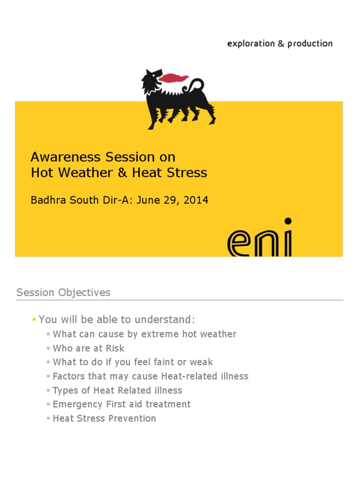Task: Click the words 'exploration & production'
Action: (279, 44)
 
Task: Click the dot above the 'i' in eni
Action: (288, 220)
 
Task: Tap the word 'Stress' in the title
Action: (189, 172)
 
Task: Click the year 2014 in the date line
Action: (196, 200)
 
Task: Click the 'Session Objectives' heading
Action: (63, 292)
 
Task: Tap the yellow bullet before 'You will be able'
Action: (34, 320)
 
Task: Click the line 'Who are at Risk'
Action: (89, 348)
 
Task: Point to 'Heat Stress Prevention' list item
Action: (104, 418)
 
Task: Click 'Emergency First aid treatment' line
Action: (121, 404)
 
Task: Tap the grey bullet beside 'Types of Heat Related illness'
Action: (48, 390)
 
